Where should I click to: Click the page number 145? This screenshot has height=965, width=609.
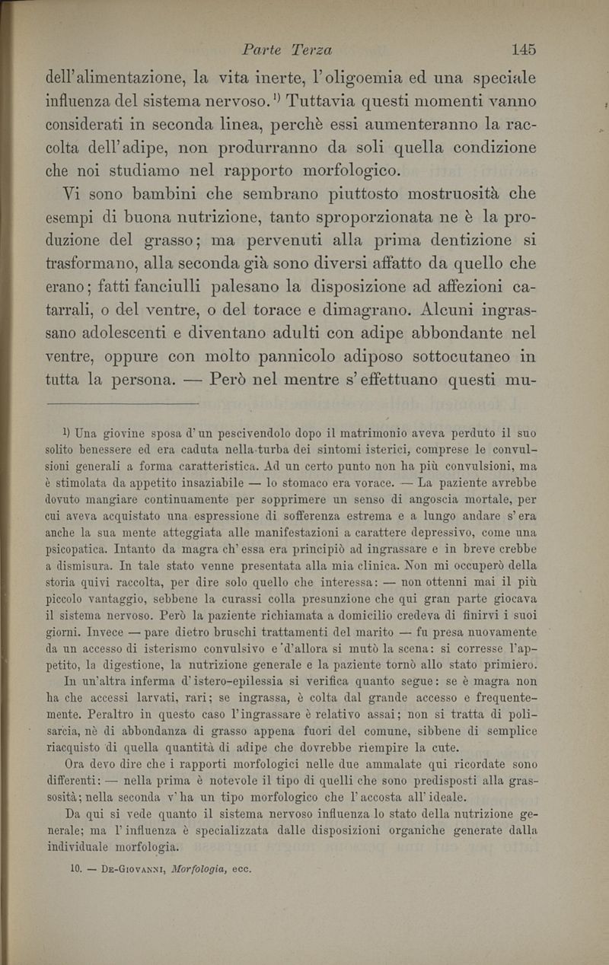(x=525, y=50)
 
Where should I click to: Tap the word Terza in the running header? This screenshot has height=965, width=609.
(x=308, y=50)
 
